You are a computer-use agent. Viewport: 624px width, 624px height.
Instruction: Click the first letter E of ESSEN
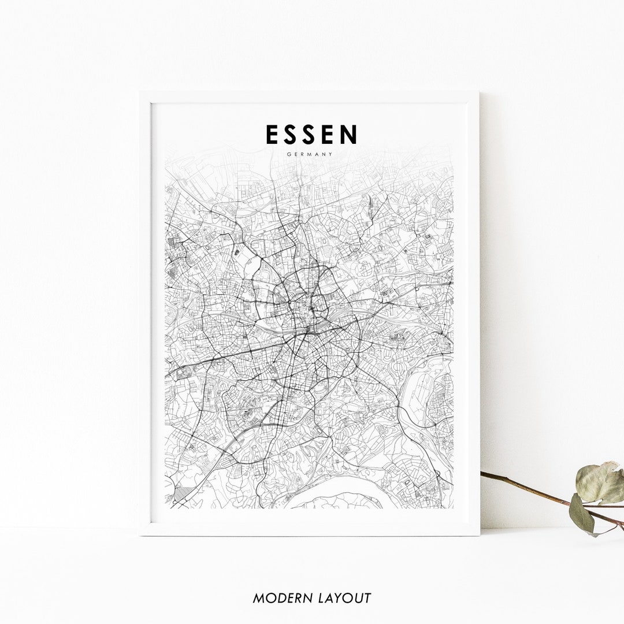point(272,134)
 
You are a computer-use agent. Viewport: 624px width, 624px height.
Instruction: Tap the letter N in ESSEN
point(348,134)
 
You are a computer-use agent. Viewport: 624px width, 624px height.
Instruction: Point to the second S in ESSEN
point(310,134)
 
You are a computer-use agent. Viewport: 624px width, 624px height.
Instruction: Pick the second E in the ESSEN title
point(329,134)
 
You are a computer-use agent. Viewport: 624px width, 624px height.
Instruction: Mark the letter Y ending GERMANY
point(332,154)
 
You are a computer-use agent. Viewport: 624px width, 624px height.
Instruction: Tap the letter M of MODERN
point(259,598)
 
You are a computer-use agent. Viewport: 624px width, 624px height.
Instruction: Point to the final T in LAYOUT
point(366,598)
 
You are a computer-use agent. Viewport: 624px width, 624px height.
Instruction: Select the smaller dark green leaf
point(581,513)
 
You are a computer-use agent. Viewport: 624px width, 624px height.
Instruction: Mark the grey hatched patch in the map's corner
point(184,493)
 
